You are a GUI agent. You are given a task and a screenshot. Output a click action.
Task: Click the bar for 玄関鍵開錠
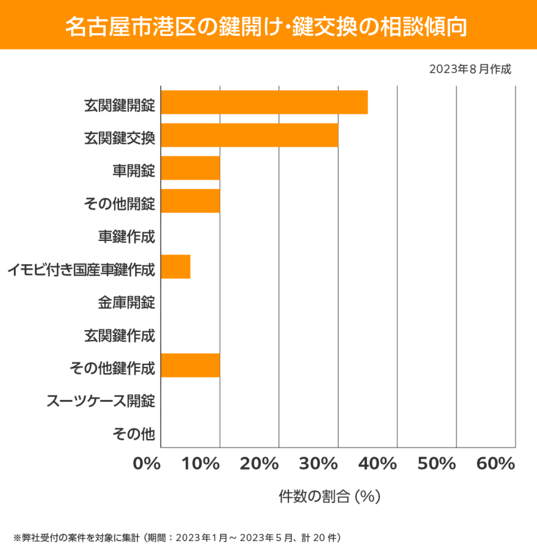click(264, 103)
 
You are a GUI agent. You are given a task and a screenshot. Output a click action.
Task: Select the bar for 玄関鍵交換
click(249, 135)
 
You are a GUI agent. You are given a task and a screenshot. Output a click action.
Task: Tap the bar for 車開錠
click(190, 168)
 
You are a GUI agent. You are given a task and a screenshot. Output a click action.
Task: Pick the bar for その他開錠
click(190, 201)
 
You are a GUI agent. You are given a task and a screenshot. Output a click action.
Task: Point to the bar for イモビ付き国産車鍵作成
click(175, 267)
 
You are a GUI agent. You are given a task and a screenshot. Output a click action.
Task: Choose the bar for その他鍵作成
click(190, 366)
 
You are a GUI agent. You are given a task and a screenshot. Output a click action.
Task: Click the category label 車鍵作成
click(126, 236)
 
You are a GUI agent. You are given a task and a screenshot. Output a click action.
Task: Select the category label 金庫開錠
click(126, 302)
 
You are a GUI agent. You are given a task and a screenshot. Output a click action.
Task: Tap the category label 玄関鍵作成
click(120, 335)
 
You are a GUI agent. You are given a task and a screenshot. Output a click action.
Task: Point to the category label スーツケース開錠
click(101, 401)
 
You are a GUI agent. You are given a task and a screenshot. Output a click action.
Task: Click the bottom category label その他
click(133, 433)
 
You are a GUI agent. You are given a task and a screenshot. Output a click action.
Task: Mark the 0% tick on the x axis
click(146, 464)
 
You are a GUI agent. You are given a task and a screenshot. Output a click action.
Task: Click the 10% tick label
click(203, 464)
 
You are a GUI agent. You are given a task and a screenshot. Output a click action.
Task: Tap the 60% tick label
click(495, 464)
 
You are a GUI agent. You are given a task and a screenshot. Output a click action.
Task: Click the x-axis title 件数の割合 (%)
click(330, 497)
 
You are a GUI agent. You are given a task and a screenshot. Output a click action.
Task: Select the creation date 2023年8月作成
click(470, 69)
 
